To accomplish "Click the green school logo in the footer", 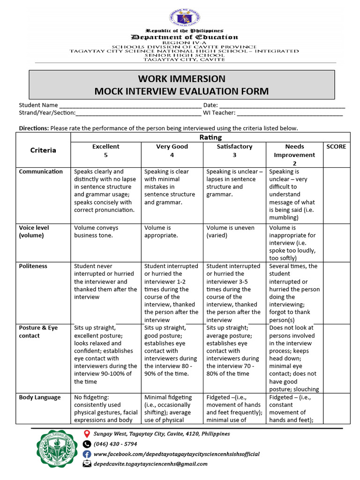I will click(x=55, y=451).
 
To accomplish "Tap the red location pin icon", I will click(x=87, y=434).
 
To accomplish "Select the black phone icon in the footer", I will click(x=87, y=444).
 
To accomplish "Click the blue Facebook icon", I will click(x=87, y=454).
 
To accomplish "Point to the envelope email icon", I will click(x=87, y=464).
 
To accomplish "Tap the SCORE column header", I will click(x=336, y=147).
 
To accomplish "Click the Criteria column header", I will click(x=43, y=150).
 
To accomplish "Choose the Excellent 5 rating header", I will click(x=105, y=150).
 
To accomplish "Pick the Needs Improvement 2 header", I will click(x=294, y=155).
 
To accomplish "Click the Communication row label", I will click(x=41, y=172).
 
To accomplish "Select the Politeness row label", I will click(x=33, y=266).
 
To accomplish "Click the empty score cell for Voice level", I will click(x=336, y=243).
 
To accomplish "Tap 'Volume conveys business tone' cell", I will click(x=96, y=232).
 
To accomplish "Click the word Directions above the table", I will click(x=33, y=128).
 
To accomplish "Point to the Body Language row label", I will click(x=40, y=397).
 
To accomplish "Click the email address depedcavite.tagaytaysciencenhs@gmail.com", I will click(x=150, y=464).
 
